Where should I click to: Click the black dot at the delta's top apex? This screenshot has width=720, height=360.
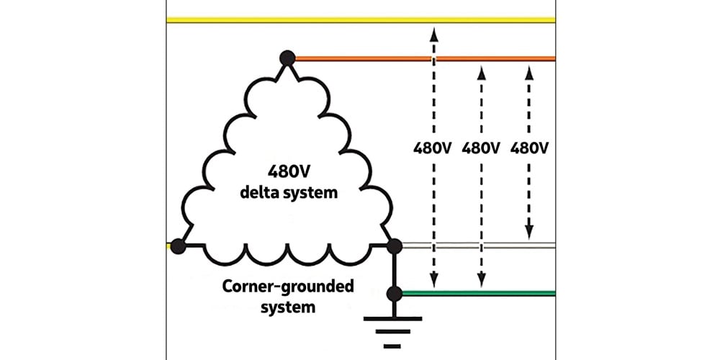coord(287,58)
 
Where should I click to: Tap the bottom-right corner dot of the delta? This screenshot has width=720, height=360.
coord(394,246)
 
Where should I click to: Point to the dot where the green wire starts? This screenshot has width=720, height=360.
coord(394,293)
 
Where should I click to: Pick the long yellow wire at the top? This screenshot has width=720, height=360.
coord(360,20)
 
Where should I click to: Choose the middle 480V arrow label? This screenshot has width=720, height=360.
coord(482,148)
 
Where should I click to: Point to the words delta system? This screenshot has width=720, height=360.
coord(286,194)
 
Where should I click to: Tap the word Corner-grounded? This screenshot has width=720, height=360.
coord(287,287)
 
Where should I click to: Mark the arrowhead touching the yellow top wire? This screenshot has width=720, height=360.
coord(433,30)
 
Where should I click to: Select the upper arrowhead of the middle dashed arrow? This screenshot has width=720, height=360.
coord(482,70)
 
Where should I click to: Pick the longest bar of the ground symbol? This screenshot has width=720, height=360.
coord(394,317)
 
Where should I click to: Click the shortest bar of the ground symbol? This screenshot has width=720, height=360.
coord(394,346)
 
